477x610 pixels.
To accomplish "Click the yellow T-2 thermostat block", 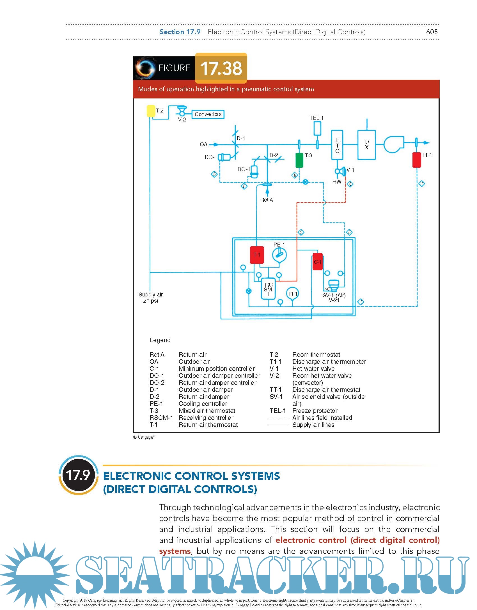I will click(x=151, y=111).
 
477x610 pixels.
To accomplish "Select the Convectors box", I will click(x=208, y=114).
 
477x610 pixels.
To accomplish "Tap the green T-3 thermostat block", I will click(x=299, y=160).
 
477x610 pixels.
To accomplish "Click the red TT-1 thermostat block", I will click(x=417, y=160).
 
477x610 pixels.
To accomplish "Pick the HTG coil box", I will click(x=337, y=145).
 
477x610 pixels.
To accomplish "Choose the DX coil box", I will click(x=366, y=145).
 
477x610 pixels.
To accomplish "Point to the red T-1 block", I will click(x=257, y=255).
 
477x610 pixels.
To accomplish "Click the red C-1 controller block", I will click(x=317, y=262).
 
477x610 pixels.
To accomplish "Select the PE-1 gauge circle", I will click(x=279, y=255).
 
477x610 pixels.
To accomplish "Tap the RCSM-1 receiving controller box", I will click(x=269, y=289).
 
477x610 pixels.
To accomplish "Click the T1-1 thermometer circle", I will click(x=292, y=293).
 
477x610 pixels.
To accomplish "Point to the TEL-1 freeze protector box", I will click(x=317, y=128).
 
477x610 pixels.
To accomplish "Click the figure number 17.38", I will click(x=221, y=68).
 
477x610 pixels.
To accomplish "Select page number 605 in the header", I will click(x=432, y=32).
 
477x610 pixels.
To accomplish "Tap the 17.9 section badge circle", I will click(x=78, y=475).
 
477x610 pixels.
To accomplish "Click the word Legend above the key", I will click(x=160, y=340).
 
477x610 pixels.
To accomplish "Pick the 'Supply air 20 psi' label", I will click(x=150, y=298).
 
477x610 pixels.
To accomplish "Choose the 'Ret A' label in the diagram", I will click(x=266, y=200).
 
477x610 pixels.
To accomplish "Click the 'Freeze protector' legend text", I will click(x=315, y=411).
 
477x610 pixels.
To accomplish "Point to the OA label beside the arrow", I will click(x=203, y=144).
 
